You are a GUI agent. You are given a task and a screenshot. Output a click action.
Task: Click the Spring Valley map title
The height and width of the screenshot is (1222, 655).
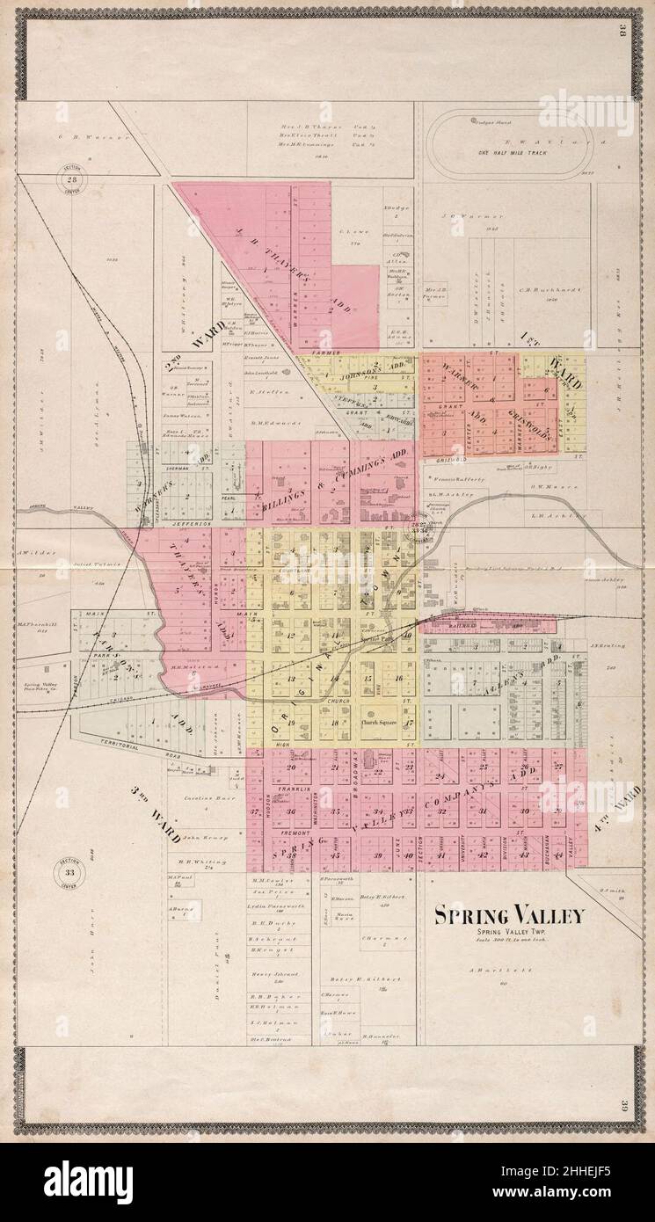(508, 916)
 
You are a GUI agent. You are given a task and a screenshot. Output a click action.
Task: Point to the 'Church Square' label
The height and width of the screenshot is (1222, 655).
(380, 723)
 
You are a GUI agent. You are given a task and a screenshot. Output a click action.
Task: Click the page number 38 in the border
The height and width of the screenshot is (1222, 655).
(622, 34)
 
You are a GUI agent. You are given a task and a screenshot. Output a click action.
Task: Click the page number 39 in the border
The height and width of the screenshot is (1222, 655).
(622, 1106)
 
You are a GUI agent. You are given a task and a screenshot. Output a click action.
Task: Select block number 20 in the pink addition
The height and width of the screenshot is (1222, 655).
(291, 767)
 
